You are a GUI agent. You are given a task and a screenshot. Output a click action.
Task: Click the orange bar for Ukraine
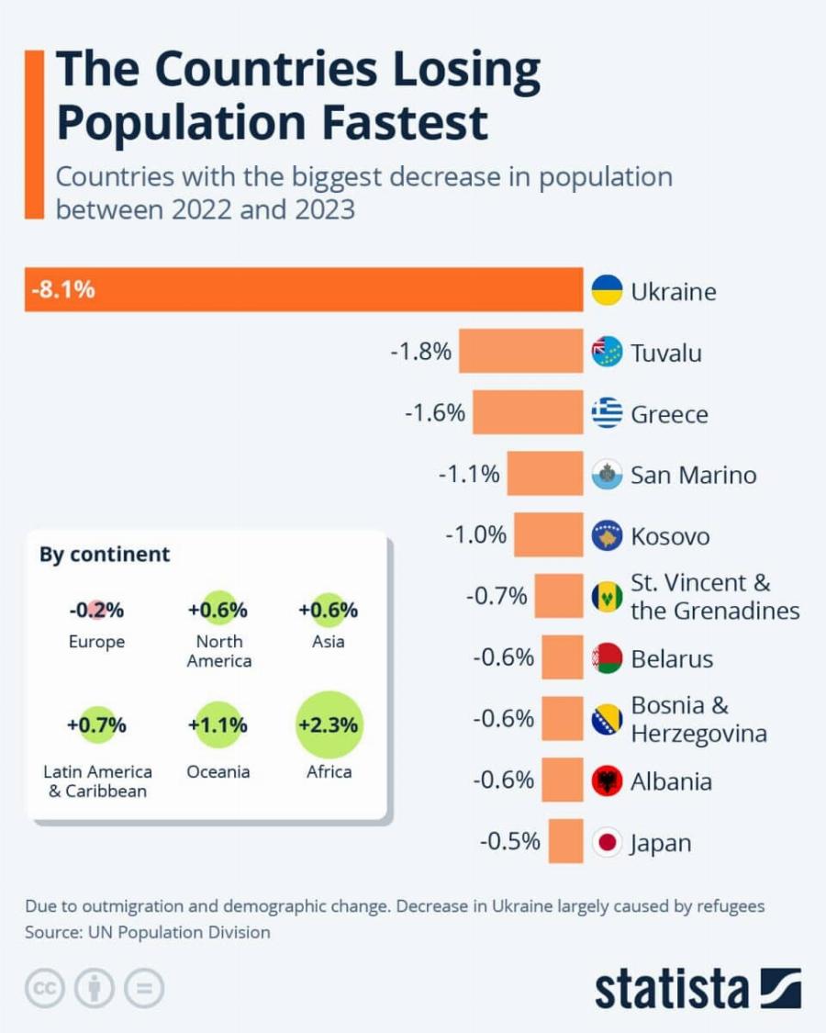coord(303,290)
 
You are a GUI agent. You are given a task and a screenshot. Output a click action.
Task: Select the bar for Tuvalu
coord(520,351)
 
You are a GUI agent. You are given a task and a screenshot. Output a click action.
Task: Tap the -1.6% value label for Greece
coord(435,413)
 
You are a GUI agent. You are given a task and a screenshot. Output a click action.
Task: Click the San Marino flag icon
coord(607,475)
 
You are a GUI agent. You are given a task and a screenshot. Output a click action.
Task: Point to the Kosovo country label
coord(670,536)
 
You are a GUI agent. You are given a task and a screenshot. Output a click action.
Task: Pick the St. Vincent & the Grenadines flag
coord(607,597)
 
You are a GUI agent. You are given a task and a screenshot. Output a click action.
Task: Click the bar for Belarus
coord(562,657)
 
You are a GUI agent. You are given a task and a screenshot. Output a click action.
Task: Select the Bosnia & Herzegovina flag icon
coord(607,720)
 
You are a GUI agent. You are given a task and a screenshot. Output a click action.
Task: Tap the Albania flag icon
coord(607,781)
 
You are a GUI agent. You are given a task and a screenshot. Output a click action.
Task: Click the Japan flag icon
coord(607,842)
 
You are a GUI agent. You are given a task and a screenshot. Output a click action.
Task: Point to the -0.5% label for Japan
coord(509,841)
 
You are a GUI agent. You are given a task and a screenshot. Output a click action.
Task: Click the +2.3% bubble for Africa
coord(329,725)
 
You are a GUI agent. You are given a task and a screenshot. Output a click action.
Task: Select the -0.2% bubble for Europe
coord(96,610)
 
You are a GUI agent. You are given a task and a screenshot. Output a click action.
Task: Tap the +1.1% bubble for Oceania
coord(218,725)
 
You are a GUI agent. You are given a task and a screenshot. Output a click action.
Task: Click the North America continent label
coord(218,651)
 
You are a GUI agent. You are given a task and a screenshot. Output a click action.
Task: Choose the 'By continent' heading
coord(105,555)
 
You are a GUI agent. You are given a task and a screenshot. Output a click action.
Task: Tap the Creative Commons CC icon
coord(44,988)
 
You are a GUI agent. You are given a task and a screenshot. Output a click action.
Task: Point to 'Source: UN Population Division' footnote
coord(148,932)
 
